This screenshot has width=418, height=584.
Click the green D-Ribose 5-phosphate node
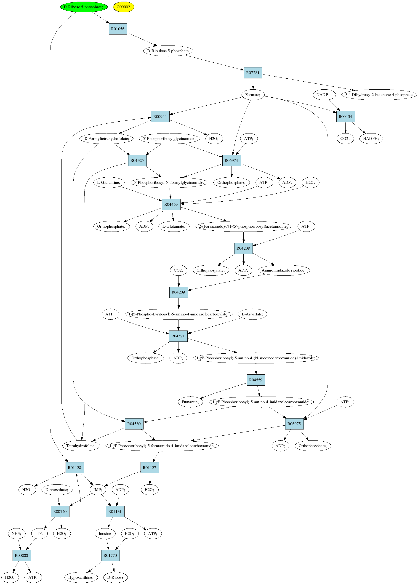[x=84, y=7]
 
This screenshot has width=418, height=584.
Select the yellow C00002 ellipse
[x=124, y=7]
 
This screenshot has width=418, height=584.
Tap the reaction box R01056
[x=118, y=29]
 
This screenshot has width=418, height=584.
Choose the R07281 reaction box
[x=253, y=73]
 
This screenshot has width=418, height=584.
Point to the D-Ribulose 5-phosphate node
[x=168, y=51]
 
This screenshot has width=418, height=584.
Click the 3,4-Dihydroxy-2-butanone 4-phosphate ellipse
[x=379, y=95]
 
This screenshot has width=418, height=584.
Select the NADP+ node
[x=324, y=95]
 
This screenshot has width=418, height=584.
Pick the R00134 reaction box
[x=345, y=117]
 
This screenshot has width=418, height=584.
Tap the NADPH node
[x=371, y=139]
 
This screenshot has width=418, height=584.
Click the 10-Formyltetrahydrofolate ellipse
[x=106, y=139]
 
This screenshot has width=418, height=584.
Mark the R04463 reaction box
[x=171, y=204]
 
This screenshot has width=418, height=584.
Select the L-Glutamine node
[x=109, y=182]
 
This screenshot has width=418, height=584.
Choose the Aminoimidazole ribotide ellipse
[x=284, y=270]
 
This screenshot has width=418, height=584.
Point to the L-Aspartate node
[x=253, y=314]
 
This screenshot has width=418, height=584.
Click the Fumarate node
[x=190, y=402]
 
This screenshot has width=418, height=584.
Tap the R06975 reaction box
[x=294, y=424]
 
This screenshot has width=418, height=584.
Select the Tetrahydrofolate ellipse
[x=81, y=446]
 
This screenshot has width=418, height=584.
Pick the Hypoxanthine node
[x=81, y=577]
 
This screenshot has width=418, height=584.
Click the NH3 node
[x=17, y=533]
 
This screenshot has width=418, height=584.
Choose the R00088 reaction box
[x=22, y=555]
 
